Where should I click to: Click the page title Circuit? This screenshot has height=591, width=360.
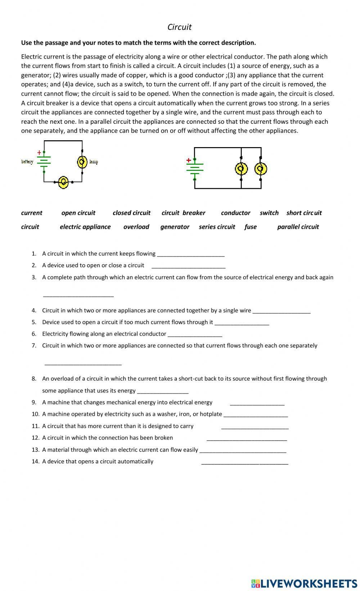[x=179, y=27]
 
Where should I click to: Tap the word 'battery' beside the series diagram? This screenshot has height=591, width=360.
[x=27, y=162]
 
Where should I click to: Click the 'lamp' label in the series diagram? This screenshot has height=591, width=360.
[x=94, y=162]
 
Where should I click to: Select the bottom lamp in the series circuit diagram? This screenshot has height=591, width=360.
[x=63, y=182]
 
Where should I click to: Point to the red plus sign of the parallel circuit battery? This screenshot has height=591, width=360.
[x=188, y=160]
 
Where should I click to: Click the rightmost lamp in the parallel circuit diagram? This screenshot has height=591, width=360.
[x=260, y=168]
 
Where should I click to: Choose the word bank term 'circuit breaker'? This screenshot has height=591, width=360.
[x=183, y=213]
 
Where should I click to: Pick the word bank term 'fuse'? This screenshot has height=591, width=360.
[x=250, y=227]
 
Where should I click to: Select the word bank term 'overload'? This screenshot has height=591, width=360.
[x=136, y=227]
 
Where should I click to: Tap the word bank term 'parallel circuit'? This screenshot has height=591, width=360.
[x=298, y=227]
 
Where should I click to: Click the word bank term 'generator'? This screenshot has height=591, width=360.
[x=175, y=227]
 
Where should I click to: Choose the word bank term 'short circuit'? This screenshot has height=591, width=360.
[x=304, y=213]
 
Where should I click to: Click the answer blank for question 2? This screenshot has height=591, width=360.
[x=188, y=265]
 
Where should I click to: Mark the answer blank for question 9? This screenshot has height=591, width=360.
[x=257, y=403]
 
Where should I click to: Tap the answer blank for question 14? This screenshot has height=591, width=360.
[x=244, y=462]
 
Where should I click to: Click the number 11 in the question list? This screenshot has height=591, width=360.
[x=35, y=426]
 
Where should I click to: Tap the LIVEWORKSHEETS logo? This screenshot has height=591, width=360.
[x=304, y=583]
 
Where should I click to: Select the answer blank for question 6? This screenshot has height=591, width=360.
[x=195, y=334]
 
